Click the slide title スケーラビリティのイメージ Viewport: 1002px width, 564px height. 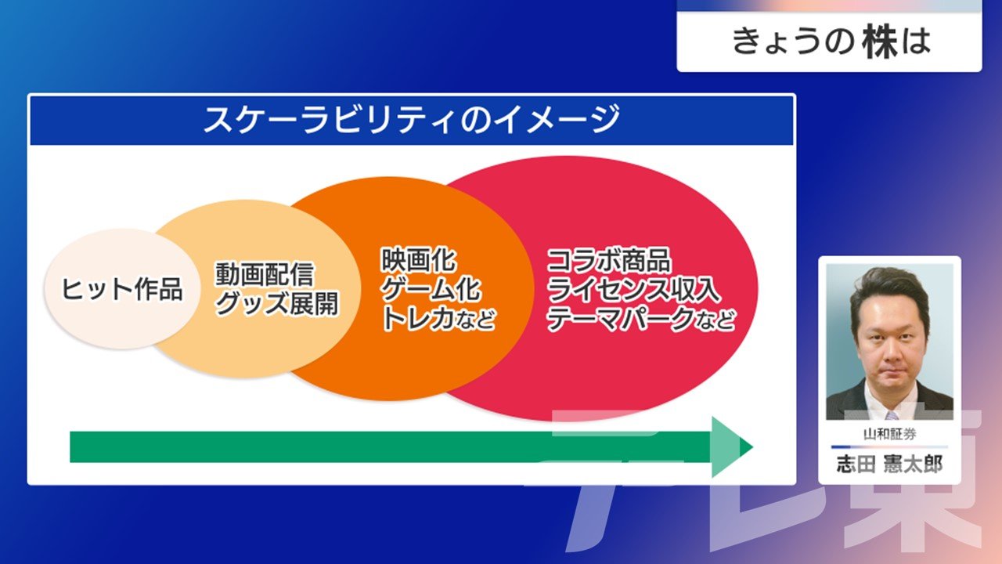[x=412, y=119]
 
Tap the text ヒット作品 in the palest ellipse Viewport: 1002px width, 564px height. [x=121, y=289]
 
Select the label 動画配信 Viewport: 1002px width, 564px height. [x=265, y=274]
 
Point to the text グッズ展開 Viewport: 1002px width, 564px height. [x=276, y=303]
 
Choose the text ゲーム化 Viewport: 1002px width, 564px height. [x=431, y=289]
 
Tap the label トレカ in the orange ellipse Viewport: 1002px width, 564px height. [x=417, y=318]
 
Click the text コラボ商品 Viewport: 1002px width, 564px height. [x=609, y=259]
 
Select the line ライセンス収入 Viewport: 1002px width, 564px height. [x=633, y=289]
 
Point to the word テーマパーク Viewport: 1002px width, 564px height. [x=621, y=318]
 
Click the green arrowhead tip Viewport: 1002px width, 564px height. [x=753, y=446]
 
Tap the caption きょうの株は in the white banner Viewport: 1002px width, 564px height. [x=831, y=42]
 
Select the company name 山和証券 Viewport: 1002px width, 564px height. [x=889, y=434]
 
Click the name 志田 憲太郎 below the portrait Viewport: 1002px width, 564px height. [x=889, y=465]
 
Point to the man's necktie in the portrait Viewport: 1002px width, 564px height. [x=891, y=415]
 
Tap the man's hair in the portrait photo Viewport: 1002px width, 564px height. [x=889, y=291]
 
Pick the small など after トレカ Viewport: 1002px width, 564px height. [x=475, y=320]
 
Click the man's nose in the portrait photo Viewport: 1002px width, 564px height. [x=889, y=353]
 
